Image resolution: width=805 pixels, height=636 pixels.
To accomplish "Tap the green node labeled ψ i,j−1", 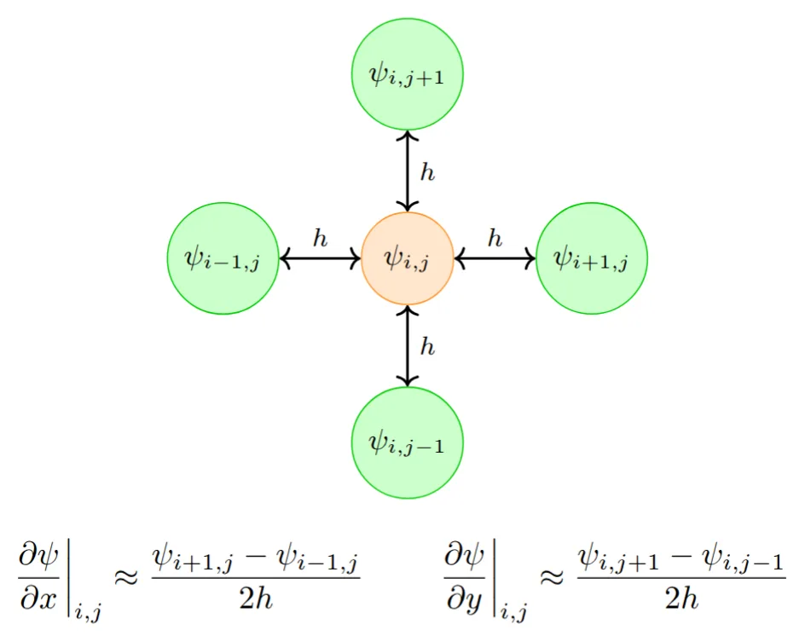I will pos(408,442).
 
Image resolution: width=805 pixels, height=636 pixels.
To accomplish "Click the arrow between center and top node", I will pos(408,171).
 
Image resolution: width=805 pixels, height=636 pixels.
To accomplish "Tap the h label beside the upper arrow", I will pos(427,173).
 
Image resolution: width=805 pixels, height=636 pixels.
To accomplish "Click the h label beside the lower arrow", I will pos(427,346).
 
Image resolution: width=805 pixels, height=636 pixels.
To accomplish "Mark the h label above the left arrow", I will pos(320,239).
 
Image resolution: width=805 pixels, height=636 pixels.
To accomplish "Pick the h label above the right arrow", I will pos(495,239).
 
